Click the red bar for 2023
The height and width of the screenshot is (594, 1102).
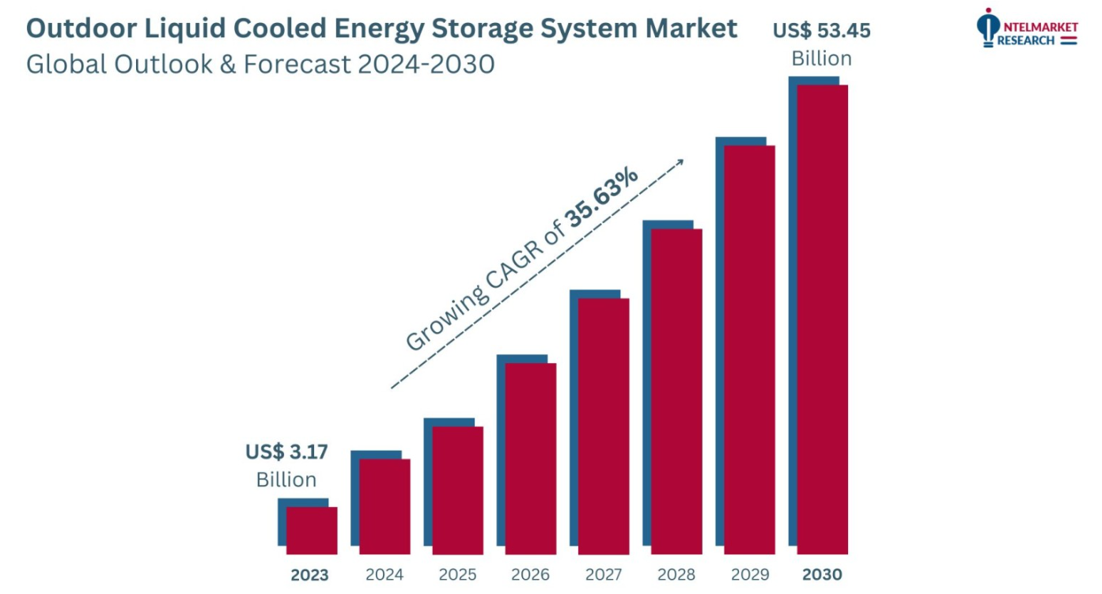pyautogui.click(x=312, y=530)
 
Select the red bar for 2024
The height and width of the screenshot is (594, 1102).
pyautogui.click(x=385, y=506)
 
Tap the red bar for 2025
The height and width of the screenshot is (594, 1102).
pyautogui.click(x=458, y=490)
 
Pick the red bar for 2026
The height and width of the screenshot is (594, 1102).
pyautogui.click(x=531, y=458)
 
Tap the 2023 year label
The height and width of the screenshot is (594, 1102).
pyautogui.click(x=309, y=575)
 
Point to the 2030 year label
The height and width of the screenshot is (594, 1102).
pyautogui.click(x=822, y=575)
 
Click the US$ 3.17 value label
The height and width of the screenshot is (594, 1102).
pyautogui.click(x=286, y=452)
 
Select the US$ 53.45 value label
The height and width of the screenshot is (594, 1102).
pyautogui.click(x=822, y=32)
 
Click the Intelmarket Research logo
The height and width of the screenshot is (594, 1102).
pyautogui.click(x=1027, y=28)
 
